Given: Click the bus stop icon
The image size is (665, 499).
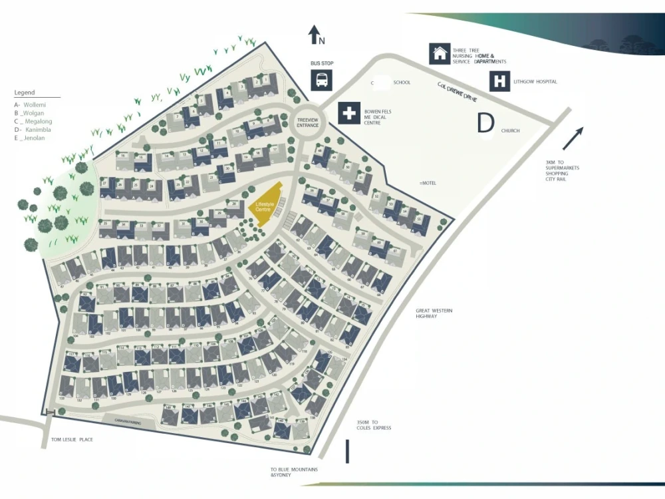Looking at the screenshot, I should tap(322, 80).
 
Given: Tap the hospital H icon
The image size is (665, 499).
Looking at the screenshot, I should tap(499, 81).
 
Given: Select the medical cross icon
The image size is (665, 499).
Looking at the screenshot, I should tap(348, 113).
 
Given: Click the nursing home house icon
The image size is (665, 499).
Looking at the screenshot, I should tap(439, 53).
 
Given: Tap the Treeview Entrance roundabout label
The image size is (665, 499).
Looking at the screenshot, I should tap(307, 122).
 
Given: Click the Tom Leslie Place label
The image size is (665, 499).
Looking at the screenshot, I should tap(72, 440).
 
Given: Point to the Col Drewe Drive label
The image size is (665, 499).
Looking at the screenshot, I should tap(458, 91).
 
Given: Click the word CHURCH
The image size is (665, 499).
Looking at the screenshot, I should tap(511, 130).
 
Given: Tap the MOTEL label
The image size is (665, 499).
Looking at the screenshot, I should tap(428, 182).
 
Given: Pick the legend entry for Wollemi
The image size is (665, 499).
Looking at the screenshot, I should tap(30, 104).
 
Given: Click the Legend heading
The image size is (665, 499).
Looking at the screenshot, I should tap(25, 92).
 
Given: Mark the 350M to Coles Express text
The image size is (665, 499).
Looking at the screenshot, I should tap(374, 424).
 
